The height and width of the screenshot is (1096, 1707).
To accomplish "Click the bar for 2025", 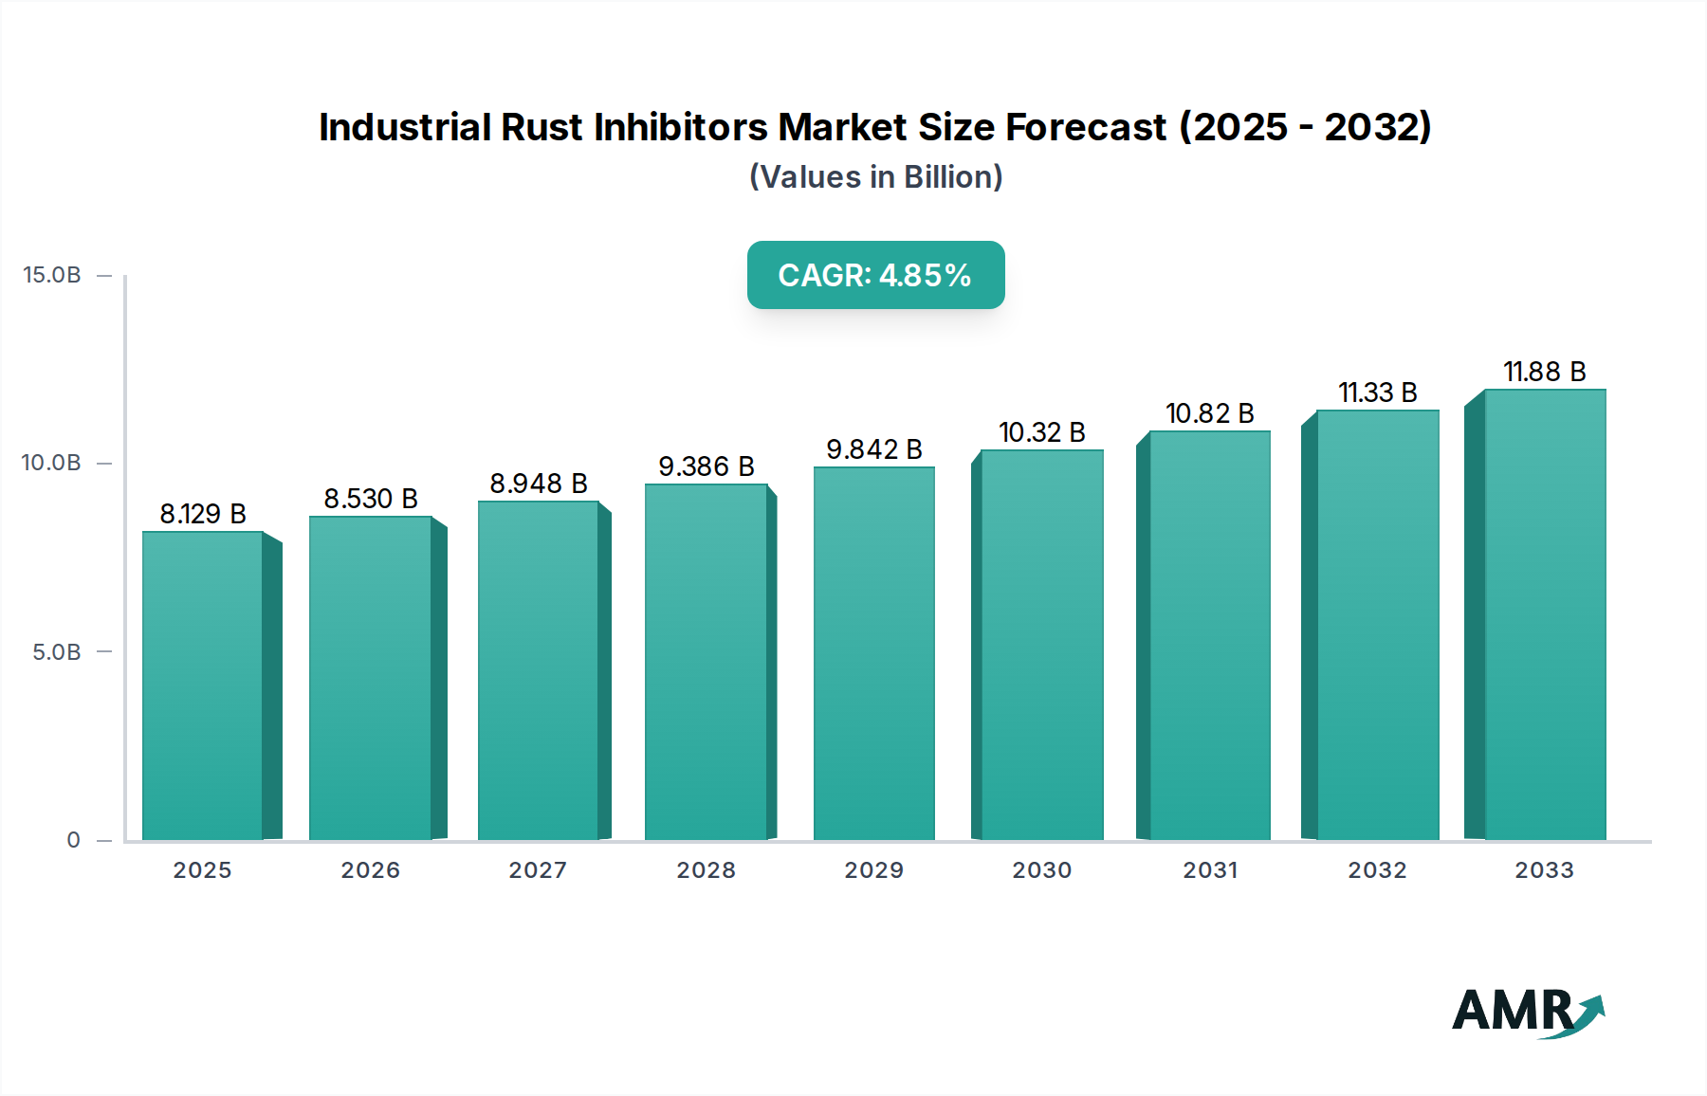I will [x=203, y=685].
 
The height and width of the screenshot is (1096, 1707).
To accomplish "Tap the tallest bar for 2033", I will [x=1544, y=614].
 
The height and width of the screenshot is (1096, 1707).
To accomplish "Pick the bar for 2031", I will [x=1209, y=635].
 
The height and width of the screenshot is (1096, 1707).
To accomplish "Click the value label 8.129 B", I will [x=203, y=514].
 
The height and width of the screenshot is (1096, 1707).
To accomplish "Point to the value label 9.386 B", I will [x=707, y=466].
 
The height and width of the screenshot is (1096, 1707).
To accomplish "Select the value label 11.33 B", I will [x=1377, y=393].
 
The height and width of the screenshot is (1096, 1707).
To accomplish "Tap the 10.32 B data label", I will [x=1041, y=432].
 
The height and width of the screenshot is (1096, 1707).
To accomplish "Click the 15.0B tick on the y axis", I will [x=52, y=275].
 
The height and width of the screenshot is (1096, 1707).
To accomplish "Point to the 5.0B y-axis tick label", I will [x=57, y=652].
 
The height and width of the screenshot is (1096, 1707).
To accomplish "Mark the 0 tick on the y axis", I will [x=74, y=840].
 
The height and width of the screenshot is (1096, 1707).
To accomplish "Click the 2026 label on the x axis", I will [x=371, y=870].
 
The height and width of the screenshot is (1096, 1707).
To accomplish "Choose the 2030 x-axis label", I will [x=1041, y=870].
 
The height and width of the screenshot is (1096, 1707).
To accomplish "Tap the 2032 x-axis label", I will [x=1377, y=870].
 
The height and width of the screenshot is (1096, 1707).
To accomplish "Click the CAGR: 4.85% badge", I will [x=875, y=275].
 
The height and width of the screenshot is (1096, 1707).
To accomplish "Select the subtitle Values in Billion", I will [x=875, y=177].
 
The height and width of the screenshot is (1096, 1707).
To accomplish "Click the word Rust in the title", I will [x=541, y=127].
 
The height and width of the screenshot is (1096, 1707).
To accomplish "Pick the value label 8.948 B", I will [x=539, y=484].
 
